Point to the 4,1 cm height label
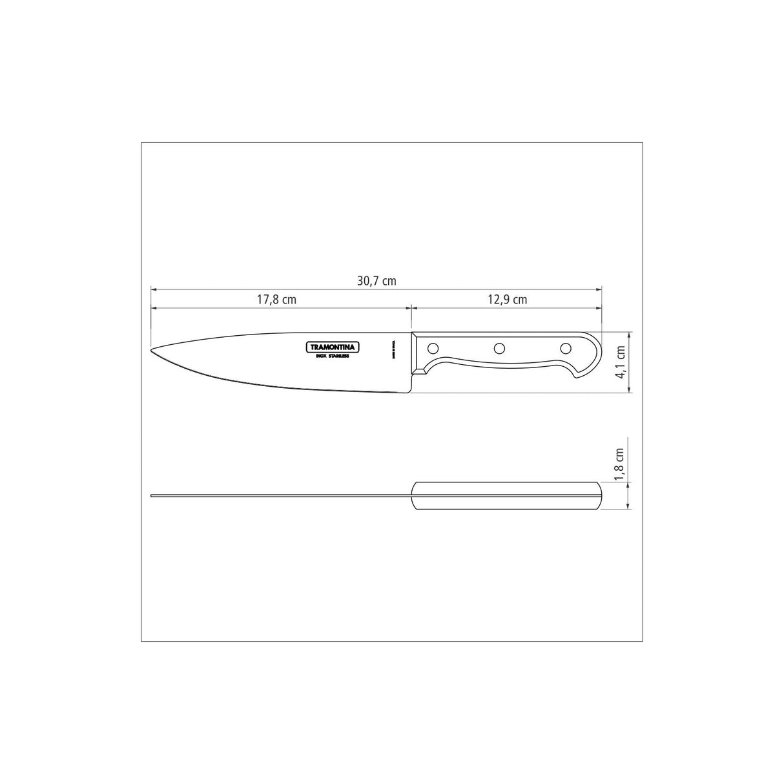[x=621, y=363]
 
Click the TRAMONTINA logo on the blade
[x=333, y=347]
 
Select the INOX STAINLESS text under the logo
[x=333, y=356]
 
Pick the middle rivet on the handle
[x=499, y=349]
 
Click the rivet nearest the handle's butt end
[x=566, y=349]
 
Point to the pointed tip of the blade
[x=152, y=351]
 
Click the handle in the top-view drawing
[x=507, y=496]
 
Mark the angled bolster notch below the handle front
[x=420, y=371]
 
